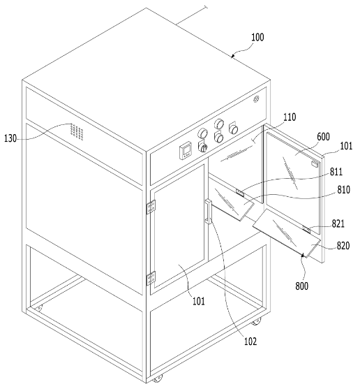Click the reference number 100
click(257, 37)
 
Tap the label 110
click(290, 117)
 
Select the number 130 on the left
click(10, 138)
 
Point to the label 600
click(323, 137)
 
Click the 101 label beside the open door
click(346, 146)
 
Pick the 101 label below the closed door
click(199, 301)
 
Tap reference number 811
click(336, 172)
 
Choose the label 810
click(344, 190)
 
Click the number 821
click(338, 223)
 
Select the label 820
click(343, 246)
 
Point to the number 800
click(302, 286)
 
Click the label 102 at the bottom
click(250, 342)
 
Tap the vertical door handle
click(208, 212)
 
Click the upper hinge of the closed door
click(151, 207)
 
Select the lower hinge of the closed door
click(151, 279)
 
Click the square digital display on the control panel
click(186, 150)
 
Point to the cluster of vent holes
click(77, 131)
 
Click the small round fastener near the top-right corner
click(257, 99)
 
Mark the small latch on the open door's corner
click(315, 163)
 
